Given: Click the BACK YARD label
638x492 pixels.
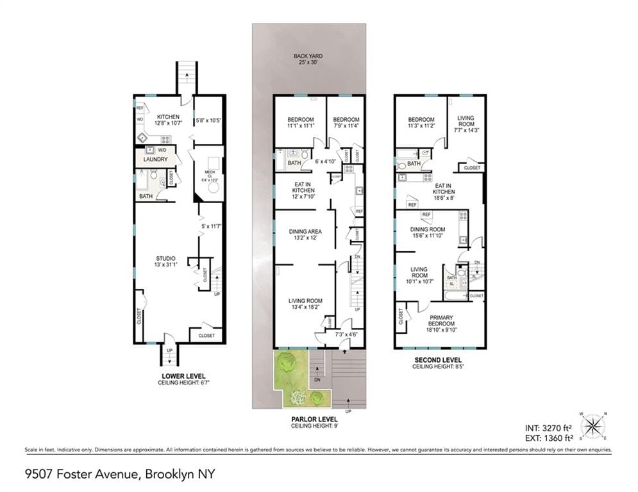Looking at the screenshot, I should [308, 56].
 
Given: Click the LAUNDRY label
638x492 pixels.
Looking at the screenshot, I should [155, 160].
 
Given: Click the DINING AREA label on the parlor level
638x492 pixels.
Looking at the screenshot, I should [304, 231].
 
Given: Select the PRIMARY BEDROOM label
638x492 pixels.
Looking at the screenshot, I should [441, 324].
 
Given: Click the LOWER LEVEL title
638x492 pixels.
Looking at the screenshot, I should [183, 375].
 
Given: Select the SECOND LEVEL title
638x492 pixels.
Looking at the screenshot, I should [438, 359].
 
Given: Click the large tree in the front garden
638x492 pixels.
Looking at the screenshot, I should [287, 365].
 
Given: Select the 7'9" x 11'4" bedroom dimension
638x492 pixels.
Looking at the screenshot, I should [347, 126].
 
